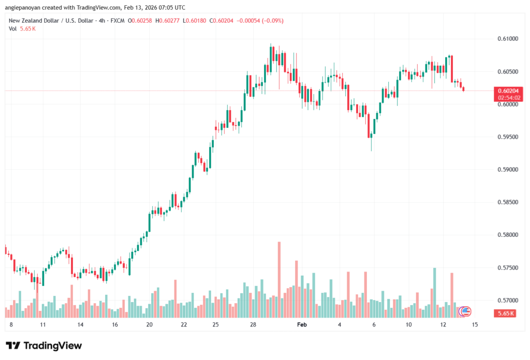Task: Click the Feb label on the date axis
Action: point(302,325)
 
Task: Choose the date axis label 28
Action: point(253,325)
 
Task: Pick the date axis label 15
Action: point(475,325)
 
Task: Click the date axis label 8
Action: point(11,325)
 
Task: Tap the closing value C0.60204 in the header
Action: point(232,21)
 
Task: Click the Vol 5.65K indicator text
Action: point(22,28)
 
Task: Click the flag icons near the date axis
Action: point(465,311)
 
